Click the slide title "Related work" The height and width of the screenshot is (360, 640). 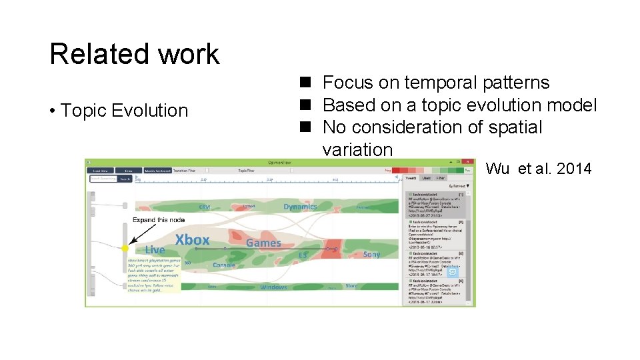coord(134,54)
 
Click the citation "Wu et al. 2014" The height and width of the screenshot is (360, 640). coord(539,169)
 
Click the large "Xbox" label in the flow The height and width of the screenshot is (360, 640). coord(192,239)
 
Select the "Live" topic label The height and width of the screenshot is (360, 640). coord(155,249)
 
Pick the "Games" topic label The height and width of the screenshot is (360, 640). coord(263,243)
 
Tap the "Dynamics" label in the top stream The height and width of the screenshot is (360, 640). coord(300,206)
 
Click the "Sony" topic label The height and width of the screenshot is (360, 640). coord(371,254)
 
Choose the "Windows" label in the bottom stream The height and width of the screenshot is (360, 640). coord(273,287)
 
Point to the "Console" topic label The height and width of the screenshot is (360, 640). coord(223,265)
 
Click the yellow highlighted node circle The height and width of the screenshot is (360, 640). coord(124,248)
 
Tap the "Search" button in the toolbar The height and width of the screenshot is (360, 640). coord(124,179)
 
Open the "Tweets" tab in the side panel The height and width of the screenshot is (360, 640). coord(411,178)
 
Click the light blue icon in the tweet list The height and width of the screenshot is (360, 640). coord(453,271)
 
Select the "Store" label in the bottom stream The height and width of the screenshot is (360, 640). coord(351,286)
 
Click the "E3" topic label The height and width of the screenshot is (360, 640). coord(302,254)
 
